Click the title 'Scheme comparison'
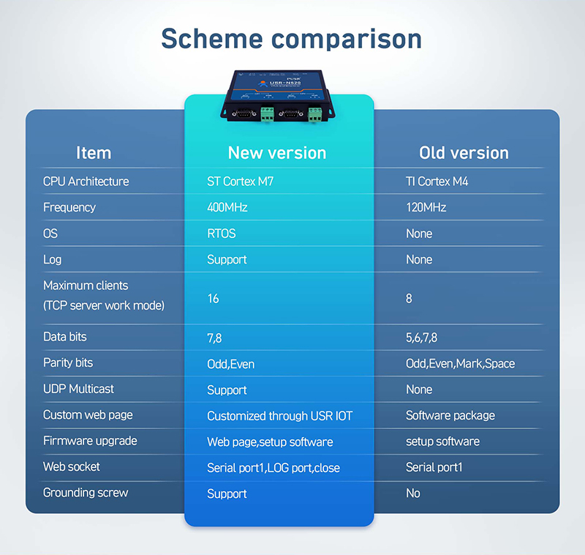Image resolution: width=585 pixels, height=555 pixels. (291, 40)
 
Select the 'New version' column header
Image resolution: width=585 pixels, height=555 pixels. (277, 153)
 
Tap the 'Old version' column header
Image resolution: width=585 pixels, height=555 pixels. (464, 153)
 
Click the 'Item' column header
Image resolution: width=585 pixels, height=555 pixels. (94, 153)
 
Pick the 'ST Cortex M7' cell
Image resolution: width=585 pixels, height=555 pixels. (241, 182)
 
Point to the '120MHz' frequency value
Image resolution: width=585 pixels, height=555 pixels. (426, 207)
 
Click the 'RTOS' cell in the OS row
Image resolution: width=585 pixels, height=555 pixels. (222, 234)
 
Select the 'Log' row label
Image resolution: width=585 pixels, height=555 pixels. (52, 260)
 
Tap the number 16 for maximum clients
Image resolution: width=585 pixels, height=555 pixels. (213, 299)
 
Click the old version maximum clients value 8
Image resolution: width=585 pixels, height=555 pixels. (409, 299)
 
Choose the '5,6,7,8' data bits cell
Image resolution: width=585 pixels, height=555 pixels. (422, 338)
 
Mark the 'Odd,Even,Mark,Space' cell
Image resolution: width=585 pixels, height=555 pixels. (461, 363)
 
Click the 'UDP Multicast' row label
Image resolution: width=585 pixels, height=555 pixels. (78, 389)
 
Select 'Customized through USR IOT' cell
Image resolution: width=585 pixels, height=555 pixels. (280, 416)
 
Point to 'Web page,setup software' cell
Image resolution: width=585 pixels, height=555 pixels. (270, 442)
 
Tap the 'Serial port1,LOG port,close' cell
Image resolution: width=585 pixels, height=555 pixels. (273, 468)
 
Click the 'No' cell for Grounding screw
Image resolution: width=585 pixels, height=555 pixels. (413, 493)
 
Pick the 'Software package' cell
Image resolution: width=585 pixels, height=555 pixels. (450, 415)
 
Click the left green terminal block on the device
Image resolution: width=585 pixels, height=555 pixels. (267, 114)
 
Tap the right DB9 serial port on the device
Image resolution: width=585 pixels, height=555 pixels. (291, 114)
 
